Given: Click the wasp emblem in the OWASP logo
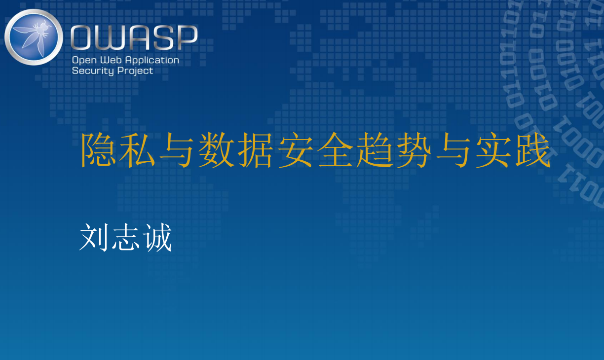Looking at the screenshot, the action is coord(34,37).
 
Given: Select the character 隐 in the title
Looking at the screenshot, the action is coord(98,150).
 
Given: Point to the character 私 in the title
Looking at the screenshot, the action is coord(137,150).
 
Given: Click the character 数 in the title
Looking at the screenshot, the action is coord(217,150).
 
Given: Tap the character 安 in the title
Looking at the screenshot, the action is coord(296,150).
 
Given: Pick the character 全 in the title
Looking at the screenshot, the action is coord(335,150).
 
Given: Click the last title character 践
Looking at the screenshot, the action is coord(533,150).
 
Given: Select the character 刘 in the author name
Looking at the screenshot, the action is coord(94,237).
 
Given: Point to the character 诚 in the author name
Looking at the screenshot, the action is coord(157,237).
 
